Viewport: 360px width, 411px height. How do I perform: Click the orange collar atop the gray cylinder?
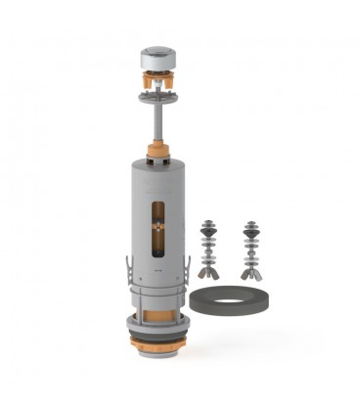[x=157, y=154]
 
